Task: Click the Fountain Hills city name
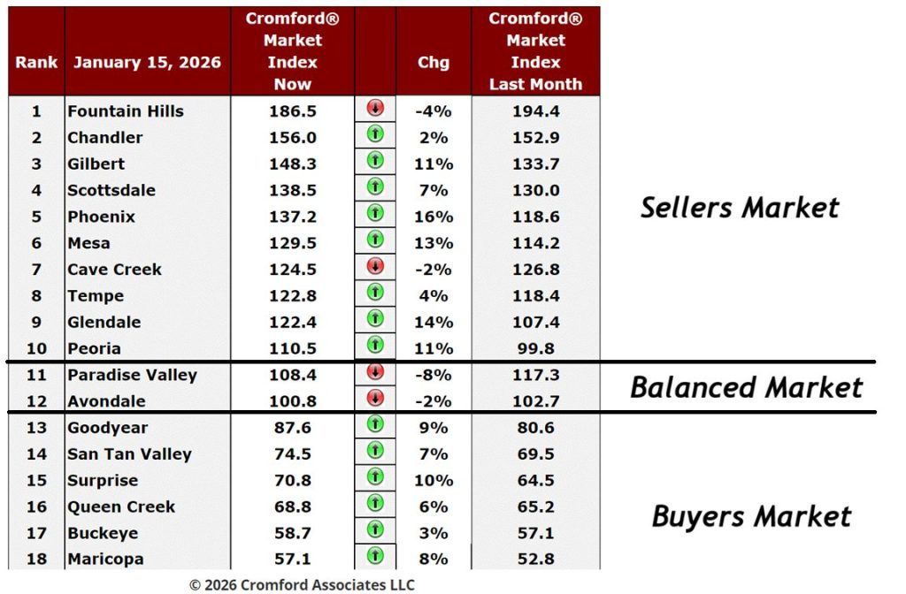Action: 126,111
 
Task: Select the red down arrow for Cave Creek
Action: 375,266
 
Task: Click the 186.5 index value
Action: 292,111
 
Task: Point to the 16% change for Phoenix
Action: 434,217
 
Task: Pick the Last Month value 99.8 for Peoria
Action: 535,348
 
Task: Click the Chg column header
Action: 434,63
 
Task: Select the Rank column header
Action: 36,63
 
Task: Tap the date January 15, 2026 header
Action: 147,63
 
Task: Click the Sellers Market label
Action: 740,208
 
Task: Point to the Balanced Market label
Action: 746,387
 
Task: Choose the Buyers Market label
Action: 751,516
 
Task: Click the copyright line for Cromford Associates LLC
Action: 302,584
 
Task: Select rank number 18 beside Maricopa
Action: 36,560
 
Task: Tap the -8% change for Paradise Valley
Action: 434,375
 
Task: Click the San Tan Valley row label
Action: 129,454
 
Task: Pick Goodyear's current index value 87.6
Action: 292,428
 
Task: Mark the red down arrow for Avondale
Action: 375,399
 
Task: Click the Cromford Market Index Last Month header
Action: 535,51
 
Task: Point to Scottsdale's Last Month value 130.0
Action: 535,190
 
